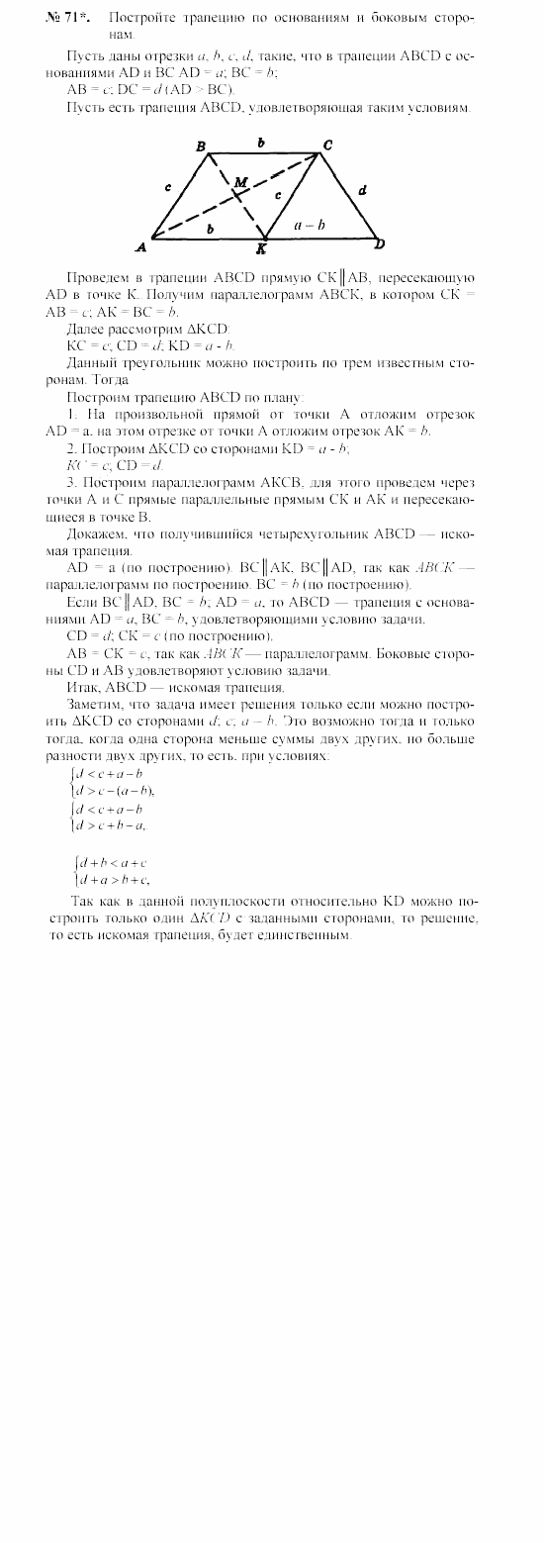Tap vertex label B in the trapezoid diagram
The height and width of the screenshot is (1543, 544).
click(201, 146)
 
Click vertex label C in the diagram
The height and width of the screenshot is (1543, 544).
click(327, 145)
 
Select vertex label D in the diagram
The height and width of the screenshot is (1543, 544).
click(380, 243)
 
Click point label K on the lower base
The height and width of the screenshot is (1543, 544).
click(262, 248)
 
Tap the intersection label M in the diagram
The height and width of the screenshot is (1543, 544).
click(240, 182)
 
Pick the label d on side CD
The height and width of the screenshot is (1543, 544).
click(362, 189)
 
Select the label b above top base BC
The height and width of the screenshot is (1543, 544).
click(261, 143)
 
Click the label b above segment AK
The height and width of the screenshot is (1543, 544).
click(209, 229)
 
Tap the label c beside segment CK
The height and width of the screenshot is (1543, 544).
click(279, 195)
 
